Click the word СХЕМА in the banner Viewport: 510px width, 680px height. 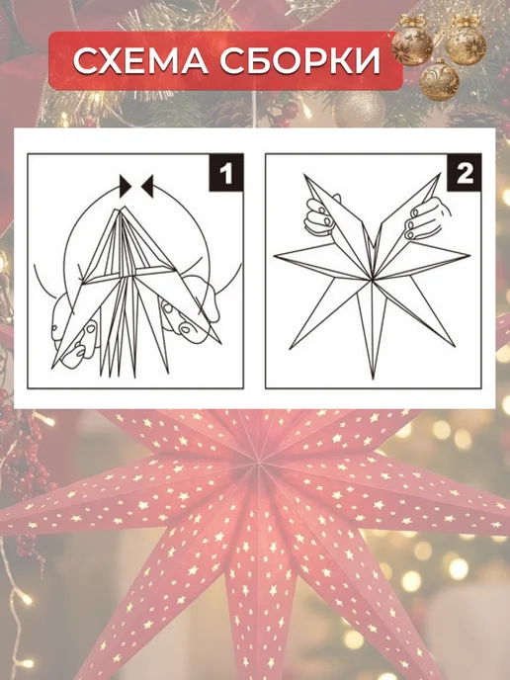coord(140,60)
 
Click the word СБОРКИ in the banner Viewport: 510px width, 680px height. coord(300,60)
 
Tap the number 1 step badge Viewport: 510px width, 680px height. coord(226,173)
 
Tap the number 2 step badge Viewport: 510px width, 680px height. coord(465,173)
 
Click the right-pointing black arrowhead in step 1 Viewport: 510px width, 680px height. coord(126,187)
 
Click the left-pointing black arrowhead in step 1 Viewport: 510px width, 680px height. coord(147,187)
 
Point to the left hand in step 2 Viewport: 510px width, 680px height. coord(320,216)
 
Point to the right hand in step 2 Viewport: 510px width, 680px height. coord(426,219)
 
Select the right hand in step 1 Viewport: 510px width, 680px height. coord(191,310)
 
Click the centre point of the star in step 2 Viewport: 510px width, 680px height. coord(372,280)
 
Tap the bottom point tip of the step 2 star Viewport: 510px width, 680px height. coord(373,379)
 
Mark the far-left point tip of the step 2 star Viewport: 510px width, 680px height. coord(275,256)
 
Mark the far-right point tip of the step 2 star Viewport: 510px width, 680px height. coord(470,255)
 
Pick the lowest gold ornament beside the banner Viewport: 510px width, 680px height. coord(439,81)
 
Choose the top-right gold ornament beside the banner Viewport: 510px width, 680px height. coord(467,42)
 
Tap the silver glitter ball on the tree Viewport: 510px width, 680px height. coord(359,109)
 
